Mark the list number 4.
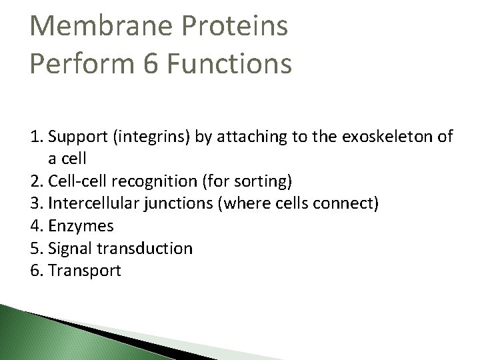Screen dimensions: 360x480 coord(35,226)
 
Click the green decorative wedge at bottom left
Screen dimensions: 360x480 coord(47,337)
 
